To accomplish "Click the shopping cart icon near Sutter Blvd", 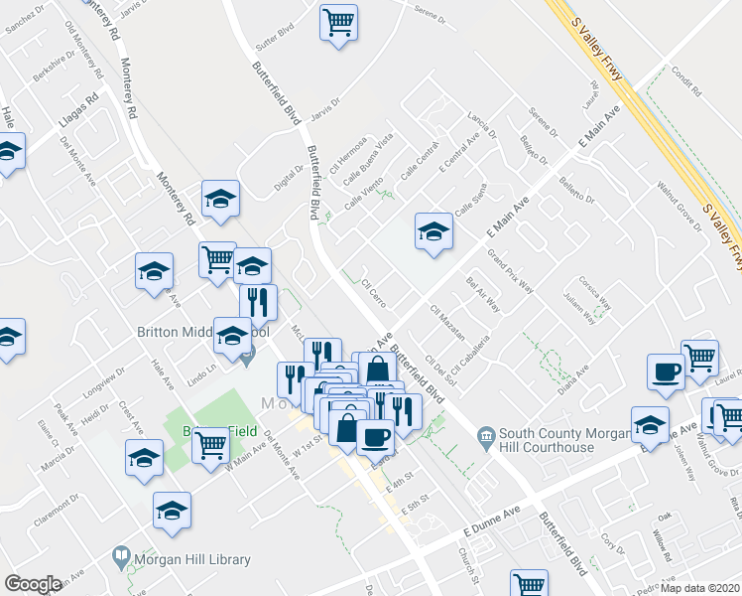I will pyautogui.click(x=338, y=22).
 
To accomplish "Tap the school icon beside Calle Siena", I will pyautogui.click(x=433, y=233).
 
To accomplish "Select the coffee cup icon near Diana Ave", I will pyautogui.click(x=665, y=372).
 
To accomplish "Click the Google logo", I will pyautogui.click(x=33, y=584).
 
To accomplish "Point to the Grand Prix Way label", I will pyautogui.click(x=511, y=272).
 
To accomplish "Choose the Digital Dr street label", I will pyautogui.click(x=289, y=181).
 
